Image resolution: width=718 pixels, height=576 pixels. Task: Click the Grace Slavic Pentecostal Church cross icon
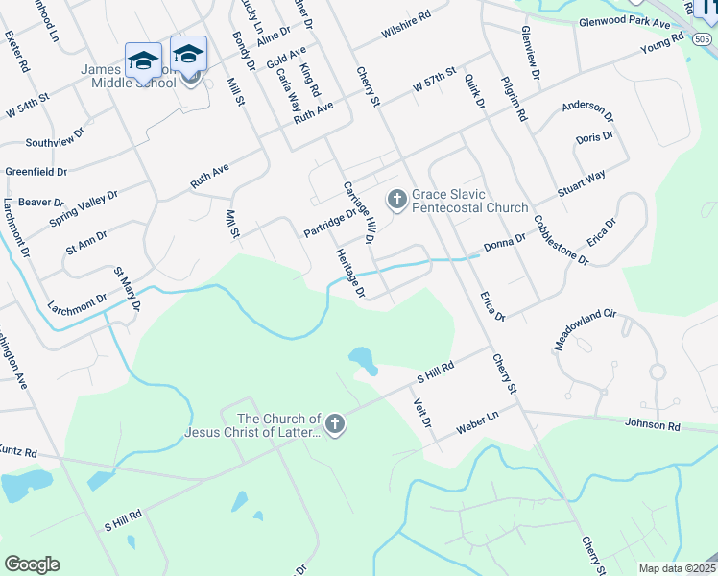(396, 200)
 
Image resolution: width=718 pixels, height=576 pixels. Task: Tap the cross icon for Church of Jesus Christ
(334, 424)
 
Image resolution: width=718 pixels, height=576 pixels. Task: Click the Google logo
(32, 564)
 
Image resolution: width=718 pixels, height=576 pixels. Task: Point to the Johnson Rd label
(652, 425)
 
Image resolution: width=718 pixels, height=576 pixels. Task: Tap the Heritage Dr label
(349, 273)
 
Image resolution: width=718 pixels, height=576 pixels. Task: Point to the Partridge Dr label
(329, 222)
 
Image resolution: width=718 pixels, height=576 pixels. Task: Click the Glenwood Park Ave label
(624, 21)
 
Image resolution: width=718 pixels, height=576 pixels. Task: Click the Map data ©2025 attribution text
(677, 568)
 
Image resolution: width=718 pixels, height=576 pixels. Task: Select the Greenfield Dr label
(36, 172)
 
